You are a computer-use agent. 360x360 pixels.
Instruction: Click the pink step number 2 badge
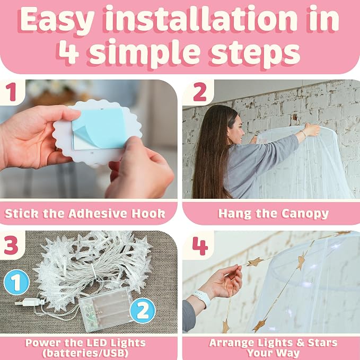pyautogui.click(x=200, y=92)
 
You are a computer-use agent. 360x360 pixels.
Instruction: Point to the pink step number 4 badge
pyautogui.click(x=200, y=246)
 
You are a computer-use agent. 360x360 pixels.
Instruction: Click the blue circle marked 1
pyautogui.click(x=16, y=283)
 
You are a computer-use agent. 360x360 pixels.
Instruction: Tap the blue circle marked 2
pyautogui.click(x=143, y=311)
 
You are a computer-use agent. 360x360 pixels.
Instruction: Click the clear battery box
pyautogui.click(x=106, y=309)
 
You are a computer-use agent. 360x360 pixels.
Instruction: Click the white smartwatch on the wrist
pyautogui.click(x=203, y=298)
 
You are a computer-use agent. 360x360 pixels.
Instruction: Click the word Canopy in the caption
pyautogui.click(x=305, y=214)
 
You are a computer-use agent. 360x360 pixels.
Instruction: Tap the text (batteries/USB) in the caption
pyautogui.click(x=85, y=353)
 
